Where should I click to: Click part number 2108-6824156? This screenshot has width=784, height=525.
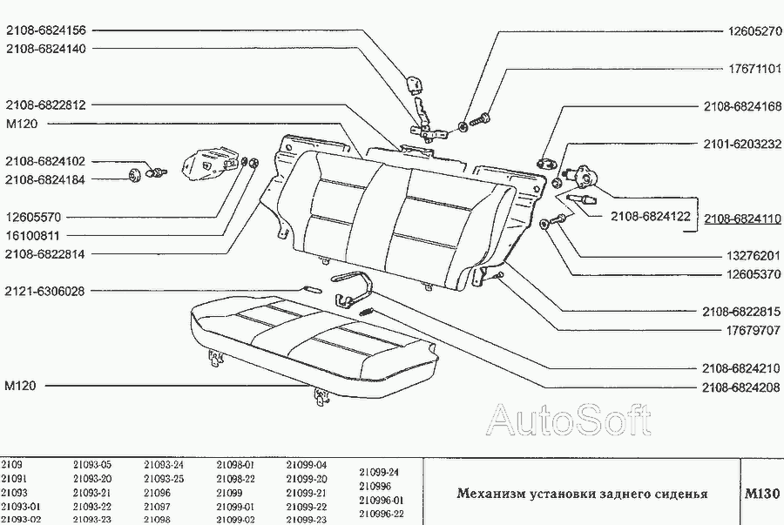tap(45, 30)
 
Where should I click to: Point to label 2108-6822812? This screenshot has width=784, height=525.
tap(45, 104)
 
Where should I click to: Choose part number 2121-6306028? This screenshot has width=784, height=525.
tap(45, 291)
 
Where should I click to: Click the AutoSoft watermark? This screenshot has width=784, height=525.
tap(569, 421)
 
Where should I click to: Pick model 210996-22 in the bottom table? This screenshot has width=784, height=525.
tap(381, 514)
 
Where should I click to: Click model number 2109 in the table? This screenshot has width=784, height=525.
tap(12, 465)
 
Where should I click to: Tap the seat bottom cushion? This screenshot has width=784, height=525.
tap(314, 344)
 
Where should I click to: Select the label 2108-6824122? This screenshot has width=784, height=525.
tap(649, 216)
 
